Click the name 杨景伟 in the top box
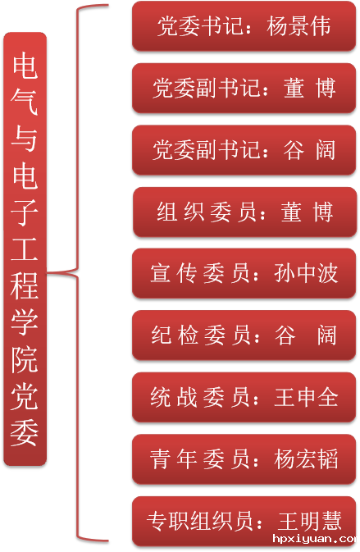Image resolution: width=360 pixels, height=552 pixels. point(298,26)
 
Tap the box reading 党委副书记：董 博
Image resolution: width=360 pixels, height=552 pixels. point(244,89)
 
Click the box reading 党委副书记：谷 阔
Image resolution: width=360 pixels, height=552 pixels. point(244,150)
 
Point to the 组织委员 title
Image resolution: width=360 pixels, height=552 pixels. point(207,212)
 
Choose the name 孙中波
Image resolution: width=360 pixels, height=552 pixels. point(306,273)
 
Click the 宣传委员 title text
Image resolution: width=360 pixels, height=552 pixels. point(200,273)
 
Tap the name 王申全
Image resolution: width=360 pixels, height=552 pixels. point(306,398)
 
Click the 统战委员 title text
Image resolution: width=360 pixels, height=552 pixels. point(200,398)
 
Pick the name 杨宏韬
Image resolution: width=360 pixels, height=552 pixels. point(306,459)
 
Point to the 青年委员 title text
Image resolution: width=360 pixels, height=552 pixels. point(200,459)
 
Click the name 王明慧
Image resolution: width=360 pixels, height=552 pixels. point(310,522)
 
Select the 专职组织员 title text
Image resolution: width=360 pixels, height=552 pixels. point(199,522)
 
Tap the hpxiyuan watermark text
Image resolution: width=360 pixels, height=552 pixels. point(316,539)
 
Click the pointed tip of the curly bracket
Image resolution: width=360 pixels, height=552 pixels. point(48,272)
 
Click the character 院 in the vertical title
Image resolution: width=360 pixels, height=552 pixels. point(25,359)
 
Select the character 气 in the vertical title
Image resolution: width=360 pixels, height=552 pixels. point(25,103)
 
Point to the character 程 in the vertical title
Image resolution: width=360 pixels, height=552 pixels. point(25,286)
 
